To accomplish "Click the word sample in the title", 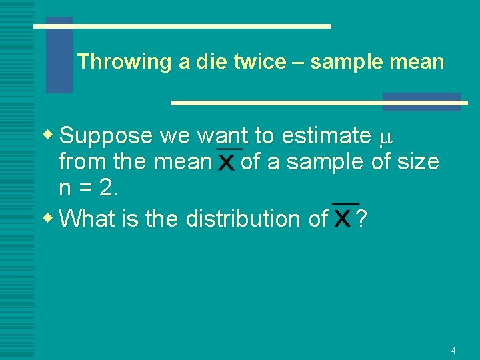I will click(x=342, y=62).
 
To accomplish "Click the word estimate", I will click(x=327, y=136).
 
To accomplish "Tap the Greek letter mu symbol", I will click(x=384, y=138).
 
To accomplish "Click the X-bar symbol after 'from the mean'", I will click(x=227, y=161).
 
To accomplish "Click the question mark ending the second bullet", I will click(x=361, y=218).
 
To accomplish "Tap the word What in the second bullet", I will click(x=89, y=218).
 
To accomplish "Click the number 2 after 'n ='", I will click(x=107, y=189).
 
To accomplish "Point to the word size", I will click(x=418, y=161).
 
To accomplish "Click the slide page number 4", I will click(x=453, y=351).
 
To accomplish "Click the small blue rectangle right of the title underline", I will click(x=421, y=101).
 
